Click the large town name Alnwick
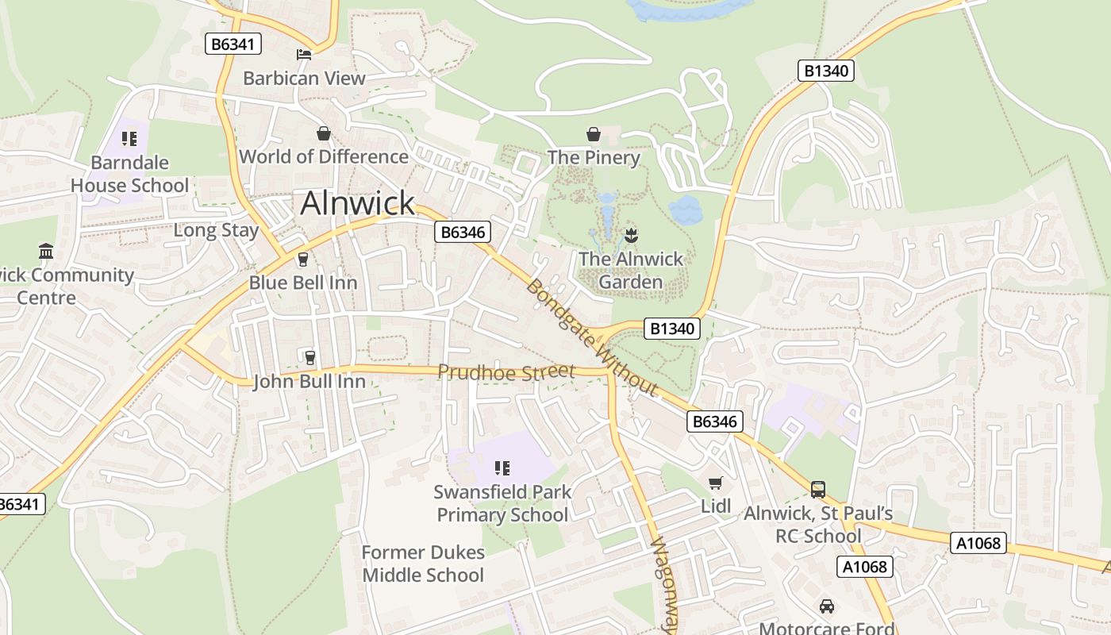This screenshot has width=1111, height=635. pyautogui.click(x=357, y=203)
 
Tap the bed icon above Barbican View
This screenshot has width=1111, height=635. pyautogui.click(x=304, y=55)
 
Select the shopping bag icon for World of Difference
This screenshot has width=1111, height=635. pyautogui.click(x=324, y=133)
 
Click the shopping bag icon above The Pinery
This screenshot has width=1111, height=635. pyautogui.click(x=593, y=133)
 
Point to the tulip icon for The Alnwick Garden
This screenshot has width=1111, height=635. pyautogui.click(x=632, y=235)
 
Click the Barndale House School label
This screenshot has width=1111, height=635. pyautogui.click(x=130, y=174)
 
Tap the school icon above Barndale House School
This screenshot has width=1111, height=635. pyautogui.click(x=130, y=139)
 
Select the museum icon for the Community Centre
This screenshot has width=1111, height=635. pyautogui.click(x=46, y=252)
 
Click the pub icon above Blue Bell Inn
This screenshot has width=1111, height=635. pyautogui.click(x=302, y=259)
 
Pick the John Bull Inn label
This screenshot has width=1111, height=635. pyautogui.click(x=309, y=382)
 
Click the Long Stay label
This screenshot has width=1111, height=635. pyautogui.click(x=216, y=231)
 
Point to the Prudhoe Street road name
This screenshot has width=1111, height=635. pyautogui.click(x=506, y=371)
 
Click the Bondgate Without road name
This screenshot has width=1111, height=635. pyautogui.click(x=591, y=337)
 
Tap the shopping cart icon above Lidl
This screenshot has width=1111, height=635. pyautogui.click(x=715, y=483)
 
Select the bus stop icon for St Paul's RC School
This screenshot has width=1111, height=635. pyautogui.click(x=818, y=490)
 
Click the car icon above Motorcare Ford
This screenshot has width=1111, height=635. pyautogui.click(x=826, y=606)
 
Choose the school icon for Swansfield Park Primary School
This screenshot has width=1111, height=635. pyautogui.click(x=502, y=468)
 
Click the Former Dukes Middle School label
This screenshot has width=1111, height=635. pyautogui.click(x=423, y=564)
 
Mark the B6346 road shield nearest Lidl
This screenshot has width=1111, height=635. pyautogui.click(x=714, y=421)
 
